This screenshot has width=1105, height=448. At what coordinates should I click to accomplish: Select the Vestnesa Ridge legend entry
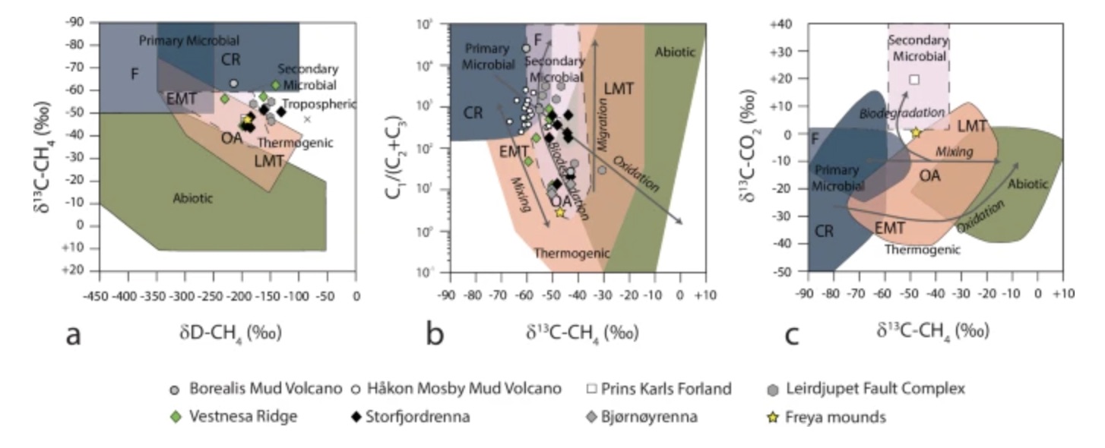tap(231, 417)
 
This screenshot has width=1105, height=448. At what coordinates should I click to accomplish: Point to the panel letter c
tap(791, 334)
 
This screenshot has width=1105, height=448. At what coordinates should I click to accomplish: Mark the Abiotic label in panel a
tap(192, 198)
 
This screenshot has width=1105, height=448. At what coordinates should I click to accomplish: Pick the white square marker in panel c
tap(914, 79)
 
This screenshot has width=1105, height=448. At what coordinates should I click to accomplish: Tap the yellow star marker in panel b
tap(560, 213)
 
